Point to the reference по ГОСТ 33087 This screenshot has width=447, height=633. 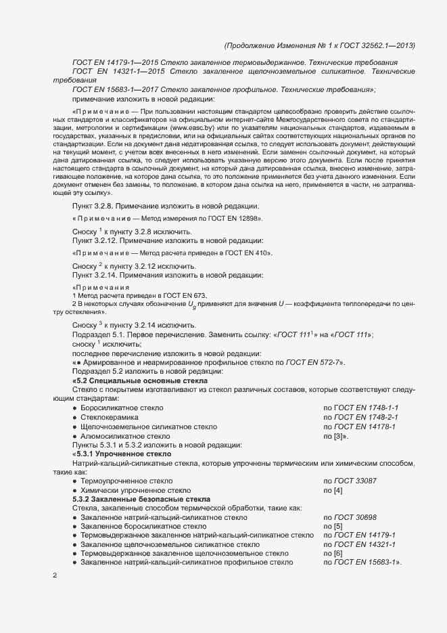pos(350,480)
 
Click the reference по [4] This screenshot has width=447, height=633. pos(333,489)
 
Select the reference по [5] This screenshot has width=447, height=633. pos(333,526)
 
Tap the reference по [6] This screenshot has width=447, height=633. pos(333,553)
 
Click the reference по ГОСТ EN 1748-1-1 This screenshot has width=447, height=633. pos(361,408)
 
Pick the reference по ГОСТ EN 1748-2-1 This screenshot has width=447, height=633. pos(361,418)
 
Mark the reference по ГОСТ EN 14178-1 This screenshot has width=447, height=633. pos(359,427)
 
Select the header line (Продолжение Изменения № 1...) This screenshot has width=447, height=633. pos(319,45)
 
